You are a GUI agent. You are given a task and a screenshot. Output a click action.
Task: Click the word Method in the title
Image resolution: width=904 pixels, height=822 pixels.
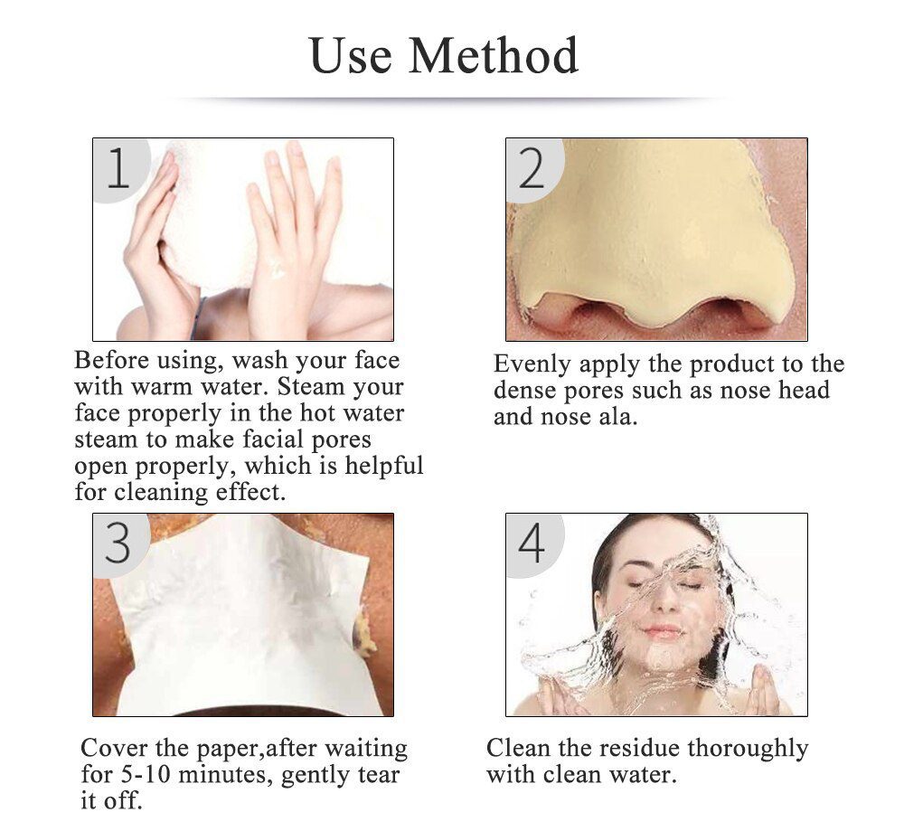pyautogui.click(x=494, y=56)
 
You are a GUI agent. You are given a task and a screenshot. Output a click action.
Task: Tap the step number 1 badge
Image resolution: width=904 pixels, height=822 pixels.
pyautogui.click(x=118, y=168)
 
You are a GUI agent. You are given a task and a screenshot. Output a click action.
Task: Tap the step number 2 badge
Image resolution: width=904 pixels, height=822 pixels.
pyautogui.click(x=532, y=168)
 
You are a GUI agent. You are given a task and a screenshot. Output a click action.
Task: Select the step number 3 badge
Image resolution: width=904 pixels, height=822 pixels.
pyautogui.click(x=118, y=543)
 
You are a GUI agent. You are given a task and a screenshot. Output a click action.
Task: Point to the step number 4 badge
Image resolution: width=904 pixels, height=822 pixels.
pyautogui.click(x=532, y=543)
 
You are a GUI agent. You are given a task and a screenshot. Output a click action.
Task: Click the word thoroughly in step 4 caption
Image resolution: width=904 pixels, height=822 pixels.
pyautogui.click(x=749, y=749)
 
